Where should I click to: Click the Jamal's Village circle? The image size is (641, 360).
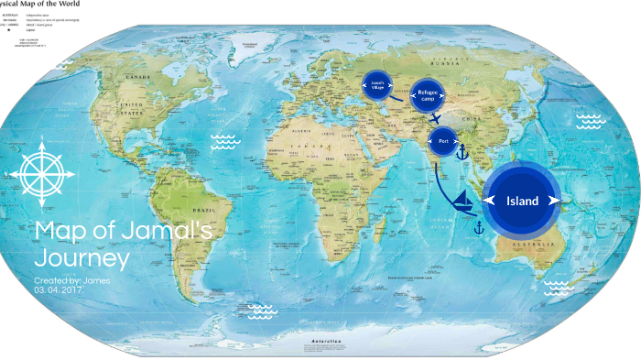tap(376, 84)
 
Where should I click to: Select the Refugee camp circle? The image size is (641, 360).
tap(428, 94)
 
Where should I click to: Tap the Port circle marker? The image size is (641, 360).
tap(443, 141)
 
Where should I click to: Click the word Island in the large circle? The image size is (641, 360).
tap(522, 201)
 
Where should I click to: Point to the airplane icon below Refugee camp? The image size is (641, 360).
tap(436, 118)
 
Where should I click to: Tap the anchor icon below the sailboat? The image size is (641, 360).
tap(478, 226)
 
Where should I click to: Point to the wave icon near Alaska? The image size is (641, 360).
tap(63, 66)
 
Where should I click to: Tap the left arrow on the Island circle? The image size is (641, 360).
tap(489, 200)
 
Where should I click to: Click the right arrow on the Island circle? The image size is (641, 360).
tap(554, 200)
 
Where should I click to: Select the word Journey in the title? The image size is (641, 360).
tap(82, 257)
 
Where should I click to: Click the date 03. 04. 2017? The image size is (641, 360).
tap(60, 289)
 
